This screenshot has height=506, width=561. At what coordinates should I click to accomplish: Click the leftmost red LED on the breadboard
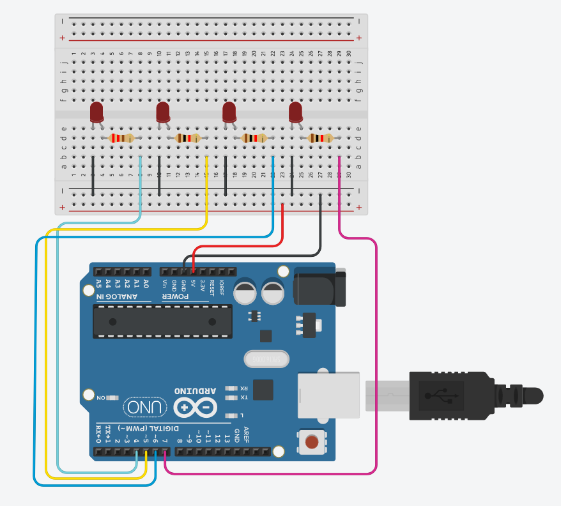[x=96, y=112]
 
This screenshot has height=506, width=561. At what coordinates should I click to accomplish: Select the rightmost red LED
[x=295, y=112]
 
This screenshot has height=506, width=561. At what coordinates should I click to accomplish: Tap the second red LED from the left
[x=163, y=112]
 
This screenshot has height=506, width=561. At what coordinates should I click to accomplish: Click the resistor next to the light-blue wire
[x=121, y=138]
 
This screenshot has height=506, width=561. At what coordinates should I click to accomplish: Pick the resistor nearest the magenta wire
[x=320, y=138]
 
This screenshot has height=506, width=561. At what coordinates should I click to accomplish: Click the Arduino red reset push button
[x=312, y=442]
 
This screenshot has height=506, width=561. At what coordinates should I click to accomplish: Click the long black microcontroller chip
[x=162, y=321]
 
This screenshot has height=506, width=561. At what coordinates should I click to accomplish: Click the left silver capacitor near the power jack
[x=246, y=293]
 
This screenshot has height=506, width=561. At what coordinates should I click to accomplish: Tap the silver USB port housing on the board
[x=329, y=395]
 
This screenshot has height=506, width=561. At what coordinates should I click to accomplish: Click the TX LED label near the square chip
[x=243, y=397]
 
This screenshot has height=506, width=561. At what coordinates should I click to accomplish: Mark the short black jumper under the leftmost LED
[x=93, y=175]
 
